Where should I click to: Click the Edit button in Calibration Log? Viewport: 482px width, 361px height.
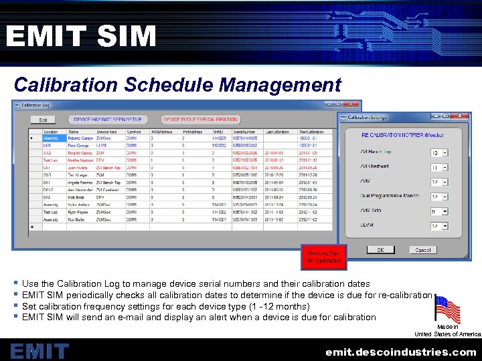[43, 120]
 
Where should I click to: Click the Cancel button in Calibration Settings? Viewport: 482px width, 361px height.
[423, 249]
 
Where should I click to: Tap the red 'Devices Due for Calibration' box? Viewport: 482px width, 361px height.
[324, 257]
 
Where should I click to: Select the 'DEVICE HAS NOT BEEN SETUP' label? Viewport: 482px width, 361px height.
[107, 120]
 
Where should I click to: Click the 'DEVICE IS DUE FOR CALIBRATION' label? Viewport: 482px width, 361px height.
[200, 120]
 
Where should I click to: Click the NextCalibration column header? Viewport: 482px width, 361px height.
[313, 132]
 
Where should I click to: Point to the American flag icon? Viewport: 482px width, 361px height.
[447, 310]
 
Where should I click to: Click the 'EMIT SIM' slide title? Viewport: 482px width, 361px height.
[81, 36]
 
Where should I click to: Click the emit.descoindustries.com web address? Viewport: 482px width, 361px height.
[401, 351]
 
